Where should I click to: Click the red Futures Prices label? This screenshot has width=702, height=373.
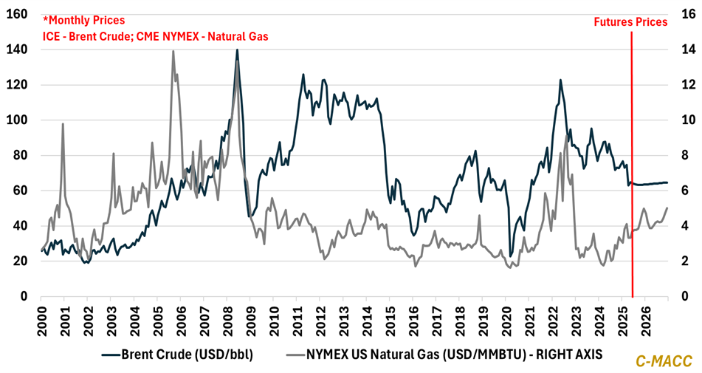pos(630,22)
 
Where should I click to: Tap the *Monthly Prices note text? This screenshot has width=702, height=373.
pos(83,20)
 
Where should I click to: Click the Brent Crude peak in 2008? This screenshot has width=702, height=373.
pos(237,49)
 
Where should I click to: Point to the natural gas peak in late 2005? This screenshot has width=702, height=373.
pos(173,51)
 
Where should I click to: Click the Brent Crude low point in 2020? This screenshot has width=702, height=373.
pos(511,256)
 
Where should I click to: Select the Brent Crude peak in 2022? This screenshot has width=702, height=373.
pos(560,80)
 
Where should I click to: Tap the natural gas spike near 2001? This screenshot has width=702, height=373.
pos(63,124)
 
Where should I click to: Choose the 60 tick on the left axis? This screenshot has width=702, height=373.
pos(16,191)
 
